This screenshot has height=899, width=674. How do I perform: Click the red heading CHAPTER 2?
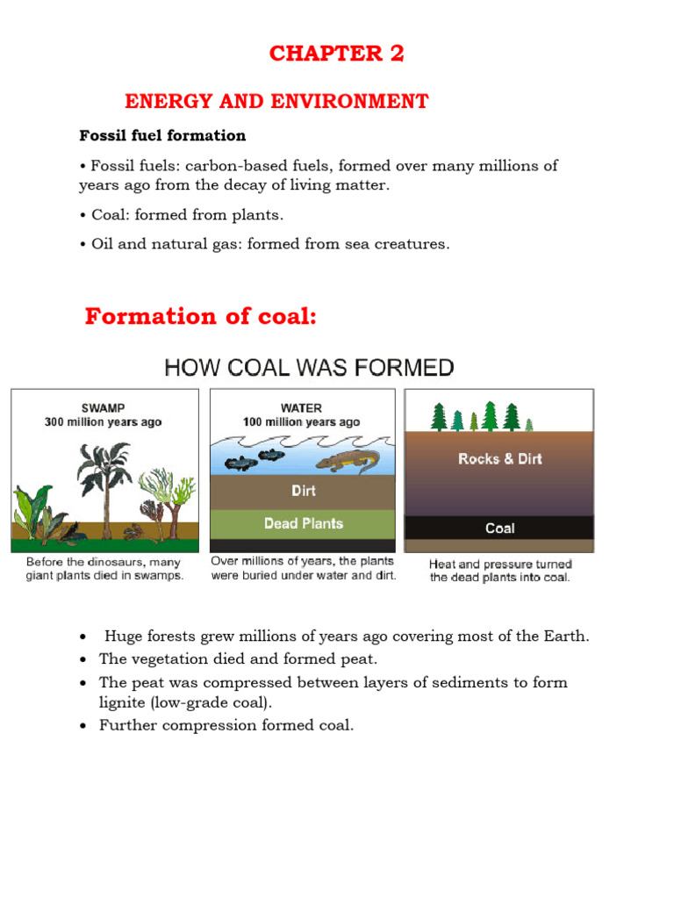[336, 54]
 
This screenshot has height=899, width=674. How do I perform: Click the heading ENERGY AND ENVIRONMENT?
[276, 102]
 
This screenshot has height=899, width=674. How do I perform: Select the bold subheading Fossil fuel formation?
[162, 136]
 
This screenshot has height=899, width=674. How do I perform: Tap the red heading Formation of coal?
[201, 317]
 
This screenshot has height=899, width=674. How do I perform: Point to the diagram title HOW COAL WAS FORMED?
[309, 368]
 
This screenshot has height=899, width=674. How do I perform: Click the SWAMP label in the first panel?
[104, 408]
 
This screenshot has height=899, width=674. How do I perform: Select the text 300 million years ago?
[104, 422]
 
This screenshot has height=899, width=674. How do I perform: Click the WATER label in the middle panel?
[301, 408]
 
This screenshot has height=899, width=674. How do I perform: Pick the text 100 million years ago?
[301, 422]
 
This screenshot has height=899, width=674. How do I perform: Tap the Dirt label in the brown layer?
[304, 491]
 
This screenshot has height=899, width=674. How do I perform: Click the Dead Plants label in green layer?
[304, 523]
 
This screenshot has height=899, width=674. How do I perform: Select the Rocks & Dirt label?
[500, 459]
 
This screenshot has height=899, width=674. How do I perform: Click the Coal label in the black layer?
[500, 529]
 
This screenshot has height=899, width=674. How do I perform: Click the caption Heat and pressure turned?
[500, 565]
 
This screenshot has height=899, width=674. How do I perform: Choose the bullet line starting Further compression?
[226, 725]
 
